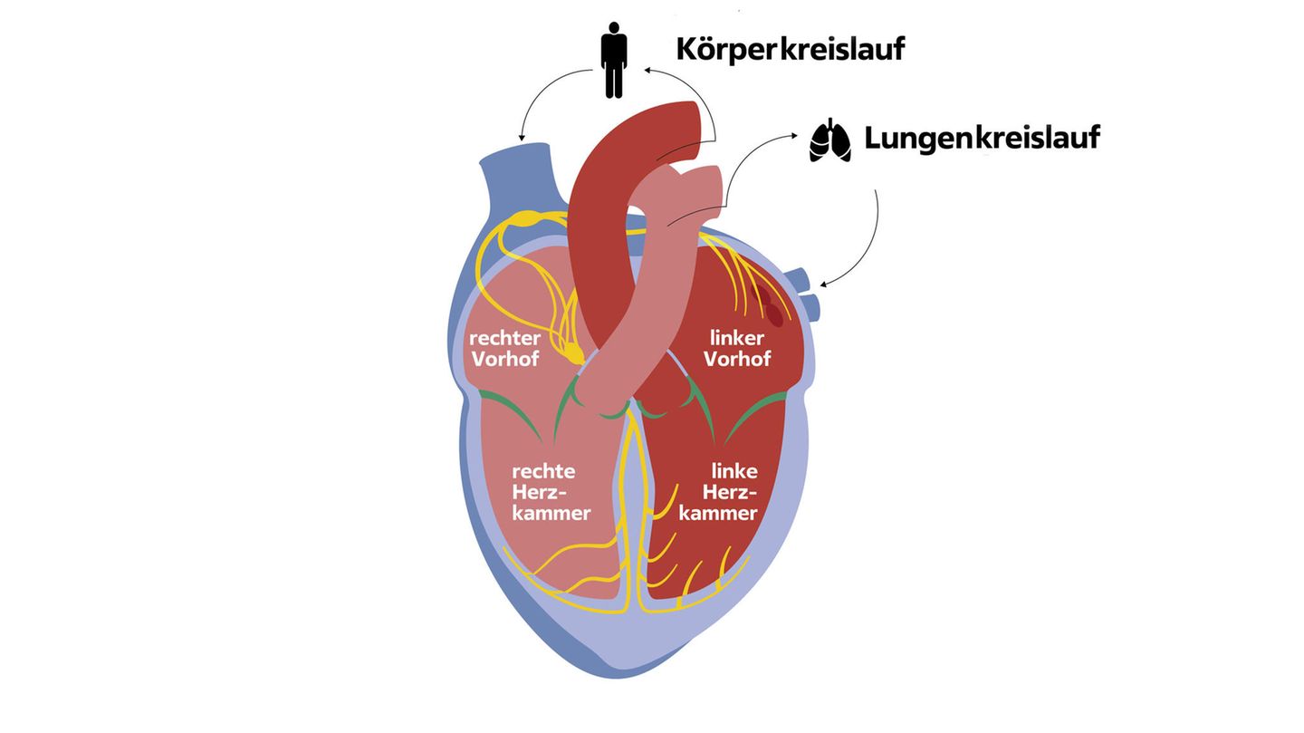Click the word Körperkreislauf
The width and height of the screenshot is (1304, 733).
[x=791, y=49]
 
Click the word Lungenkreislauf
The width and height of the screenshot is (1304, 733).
[x=982, y=138]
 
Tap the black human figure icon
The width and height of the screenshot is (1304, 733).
[x=615, y=61]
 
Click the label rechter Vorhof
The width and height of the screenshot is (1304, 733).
[x=504, y=349]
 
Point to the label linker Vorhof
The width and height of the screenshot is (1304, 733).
[x=737, y=349]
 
